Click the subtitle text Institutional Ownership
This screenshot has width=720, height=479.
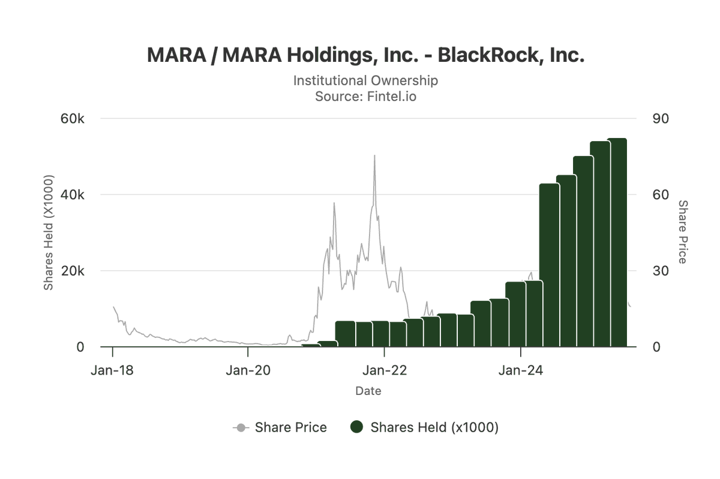point(365,80)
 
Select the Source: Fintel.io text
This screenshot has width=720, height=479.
point(365,96)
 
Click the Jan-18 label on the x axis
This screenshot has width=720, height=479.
point(112,370)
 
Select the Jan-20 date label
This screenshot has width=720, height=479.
point(248,370)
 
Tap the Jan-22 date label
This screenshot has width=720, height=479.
point(385,370)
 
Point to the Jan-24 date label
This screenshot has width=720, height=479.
point(521,370)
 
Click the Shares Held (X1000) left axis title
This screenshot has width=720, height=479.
point(49,233)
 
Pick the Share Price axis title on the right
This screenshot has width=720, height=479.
point(683,232)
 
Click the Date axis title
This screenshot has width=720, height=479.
point(368,391)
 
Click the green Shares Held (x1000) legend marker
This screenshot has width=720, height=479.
point(357,427)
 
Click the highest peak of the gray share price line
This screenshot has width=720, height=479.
point(374,156)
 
